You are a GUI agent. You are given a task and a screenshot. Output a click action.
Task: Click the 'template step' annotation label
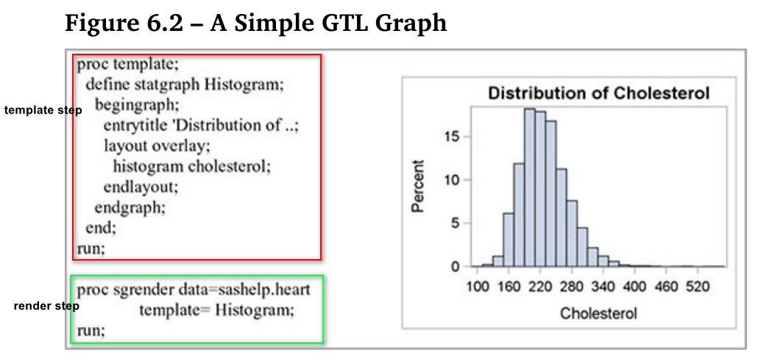43,110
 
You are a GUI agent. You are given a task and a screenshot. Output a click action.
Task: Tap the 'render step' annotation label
46,305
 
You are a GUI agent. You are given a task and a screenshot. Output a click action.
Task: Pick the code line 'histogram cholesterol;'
192,166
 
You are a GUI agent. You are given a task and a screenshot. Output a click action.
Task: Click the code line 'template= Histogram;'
216,310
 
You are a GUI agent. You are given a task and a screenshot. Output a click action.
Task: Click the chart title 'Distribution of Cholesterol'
598,93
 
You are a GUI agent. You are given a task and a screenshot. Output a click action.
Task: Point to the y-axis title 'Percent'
418,186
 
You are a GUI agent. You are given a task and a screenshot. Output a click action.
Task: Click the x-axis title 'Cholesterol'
598,313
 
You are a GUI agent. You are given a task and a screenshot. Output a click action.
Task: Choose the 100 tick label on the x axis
478,286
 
